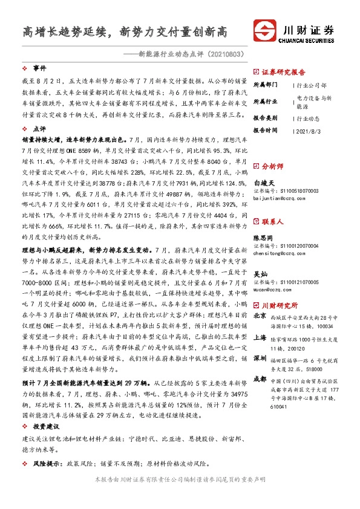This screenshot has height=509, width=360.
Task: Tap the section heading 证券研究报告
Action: [284, 71]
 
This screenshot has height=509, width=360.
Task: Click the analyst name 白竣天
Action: [264, 181]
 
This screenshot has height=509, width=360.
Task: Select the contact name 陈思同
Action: [264, 238]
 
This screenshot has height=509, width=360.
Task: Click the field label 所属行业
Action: [265, 101]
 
